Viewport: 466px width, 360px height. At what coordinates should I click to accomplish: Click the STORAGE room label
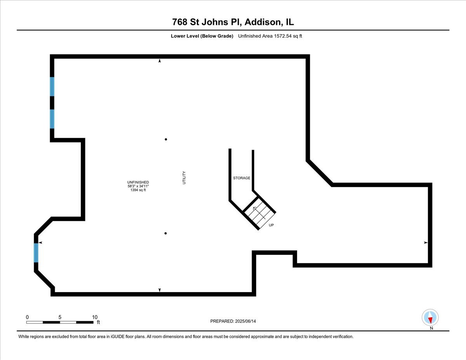[242, 178]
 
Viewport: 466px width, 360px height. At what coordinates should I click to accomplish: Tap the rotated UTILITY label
[184, 177]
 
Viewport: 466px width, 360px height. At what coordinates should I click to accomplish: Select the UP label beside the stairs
[271, 225]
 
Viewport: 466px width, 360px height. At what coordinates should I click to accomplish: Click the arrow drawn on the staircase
[259, 213]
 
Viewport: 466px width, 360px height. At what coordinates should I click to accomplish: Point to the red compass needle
[430, 320]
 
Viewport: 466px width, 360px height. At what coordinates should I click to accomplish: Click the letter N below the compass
[431, 328]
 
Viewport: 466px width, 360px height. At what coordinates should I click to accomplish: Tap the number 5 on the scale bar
[60, 317]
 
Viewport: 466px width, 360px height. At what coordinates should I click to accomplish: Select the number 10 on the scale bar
[95, 317]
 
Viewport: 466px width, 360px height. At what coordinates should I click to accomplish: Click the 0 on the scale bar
[27, 317]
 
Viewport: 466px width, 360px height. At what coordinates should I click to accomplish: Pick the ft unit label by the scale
[98, 322]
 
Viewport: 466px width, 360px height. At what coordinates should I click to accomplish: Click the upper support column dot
[166, 139]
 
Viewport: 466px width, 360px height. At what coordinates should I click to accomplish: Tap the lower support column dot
[165, 233]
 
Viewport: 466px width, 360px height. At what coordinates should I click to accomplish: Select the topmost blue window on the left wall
[52, 87]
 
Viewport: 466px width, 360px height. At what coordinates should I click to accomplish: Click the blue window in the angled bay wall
[36, 253]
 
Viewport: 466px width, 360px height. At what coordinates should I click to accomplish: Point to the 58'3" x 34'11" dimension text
[138, 186]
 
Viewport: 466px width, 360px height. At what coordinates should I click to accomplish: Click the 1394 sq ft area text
[138, 190]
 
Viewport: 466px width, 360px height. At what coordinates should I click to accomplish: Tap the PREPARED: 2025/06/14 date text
[233, 321]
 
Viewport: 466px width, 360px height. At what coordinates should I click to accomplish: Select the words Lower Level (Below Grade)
[202, 36]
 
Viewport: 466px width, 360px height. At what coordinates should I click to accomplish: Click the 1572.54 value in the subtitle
[283, 36]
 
